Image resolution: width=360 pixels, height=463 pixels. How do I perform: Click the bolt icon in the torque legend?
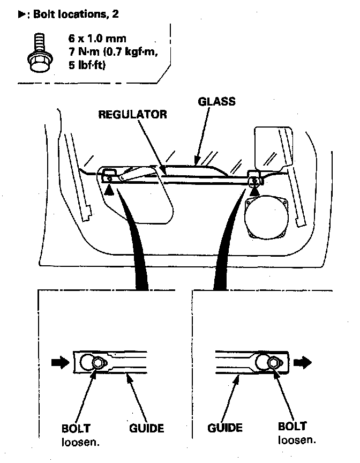coord(36,53)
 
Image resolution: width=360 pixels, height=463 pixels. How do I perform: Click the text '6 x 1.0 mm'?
coord(87,39)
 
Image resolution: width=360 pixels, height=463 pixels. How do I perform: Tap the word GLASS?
coord(216,102)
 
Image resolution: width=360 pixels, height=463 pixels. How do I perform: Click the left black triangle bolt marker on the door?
coord(109,189)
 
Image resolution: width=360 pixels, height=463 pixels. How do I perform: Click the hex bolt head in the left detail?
coord(97,363)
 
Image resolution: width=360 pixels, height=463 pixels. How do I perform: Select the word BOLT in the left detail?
coord(76,428)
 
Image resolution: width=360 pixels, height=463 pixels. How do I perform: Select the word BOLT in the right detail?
coord(292,427)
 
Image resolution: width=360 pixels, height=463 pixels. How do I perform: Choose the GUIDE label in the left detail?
coord(146,428)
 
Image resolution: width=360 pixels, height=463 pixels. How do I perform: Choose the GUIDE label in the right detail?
coord(224,428)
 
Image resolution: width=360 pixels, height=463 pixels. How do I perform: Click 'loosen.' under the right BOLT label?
coord(297,440)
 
